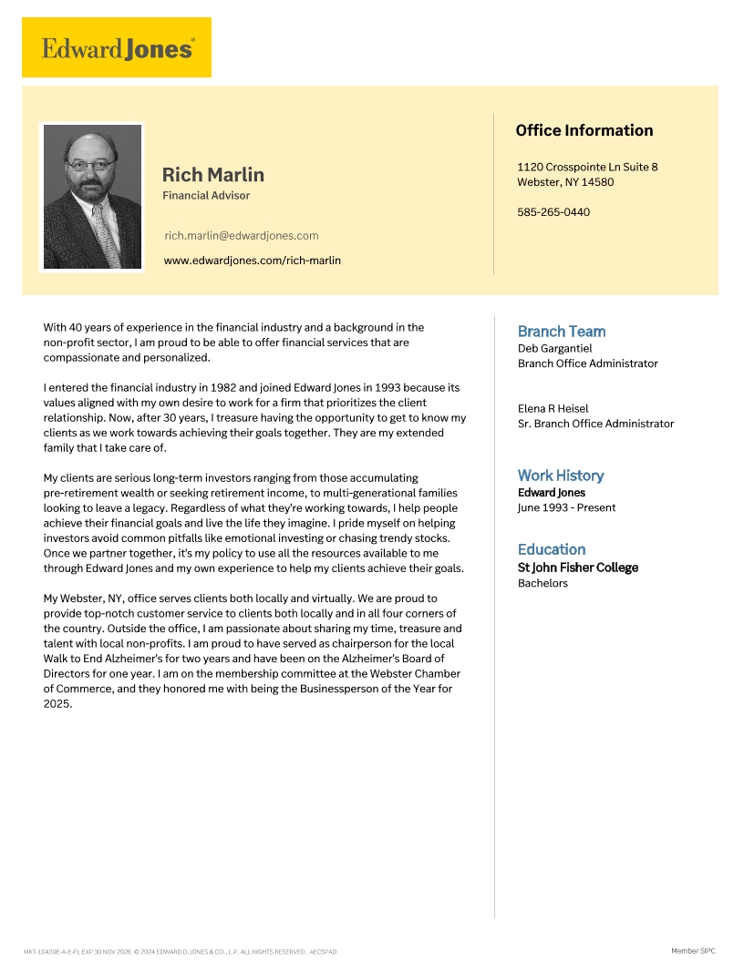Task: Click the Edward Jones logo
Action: click(117, 47)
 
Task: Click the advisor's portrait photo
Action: click(92, 197)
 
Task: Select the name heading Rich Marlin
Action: click(213, 174)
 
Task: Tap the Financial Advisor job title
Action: click(206, 196)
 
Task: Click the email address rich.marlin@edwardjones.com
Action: click(242, 235)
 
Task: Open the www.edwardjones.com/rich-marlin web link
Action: click(253, 261)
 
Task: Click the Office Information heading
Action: click(584, 130)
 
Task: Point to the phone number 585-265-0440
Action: click(553, 212)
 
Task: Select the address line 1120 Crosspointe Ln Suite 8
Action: click(587, 167)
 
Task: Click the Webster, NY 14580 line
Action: click(565, 182)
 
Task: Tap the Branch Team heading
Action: click(562, 332)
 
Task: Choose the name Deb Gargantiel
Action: click(554, 348)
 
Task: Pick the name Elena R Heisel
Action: click(553, 408)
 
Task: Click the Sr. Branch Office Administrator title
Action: click(596, 424)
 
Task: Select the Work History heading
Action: click(561, 476)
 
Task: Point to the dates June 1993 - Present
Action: click(566, 507)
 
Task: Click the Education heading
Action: click(552, 549)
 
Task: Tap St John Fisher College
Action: click(578, 568)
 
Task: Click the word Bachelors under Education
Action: click(542, 583)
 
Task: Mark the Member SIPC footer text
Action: click(693, 951)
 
